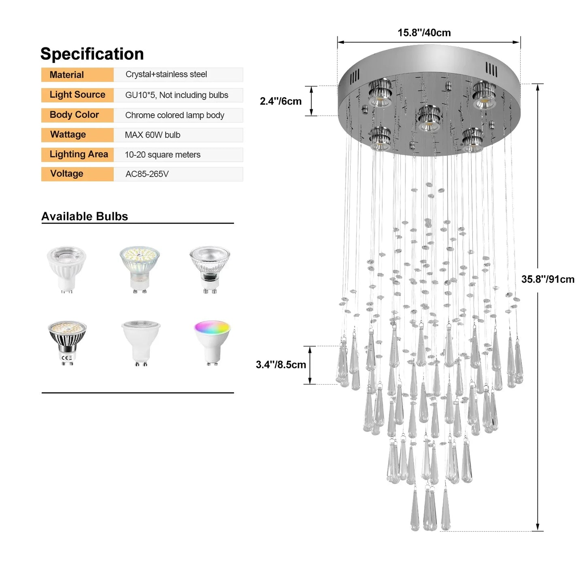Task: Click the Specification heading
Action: (x=92, y=54)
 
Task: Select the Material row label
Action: (x=67, y=75)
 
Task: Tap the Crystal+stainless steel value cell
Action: (x=166, y=74)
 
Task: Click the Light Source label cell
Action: (x=77, y=95)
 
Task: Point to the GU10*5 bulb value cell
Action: (x=177, y=95)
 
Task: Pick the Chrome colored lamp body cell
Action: (x=174, y=115)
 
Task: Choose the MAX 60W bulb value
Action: (x=153, y=135)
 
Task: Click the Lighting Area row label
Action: (x=79, y=154)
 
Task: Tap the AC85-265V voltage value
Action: (x=147, y=174)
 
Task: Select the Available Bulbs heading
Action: (x=85, y=217)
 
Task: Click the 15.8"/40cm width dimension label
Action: (x=424, y=33)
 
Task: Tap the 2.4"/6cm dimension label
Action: (x=281, y=101)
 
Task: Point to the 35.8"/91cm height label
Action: (x=548, y=279)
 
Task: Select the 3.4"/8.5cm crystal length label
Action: (x=281, y=365)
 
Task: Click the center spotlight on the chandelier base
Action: (x=429, y=118)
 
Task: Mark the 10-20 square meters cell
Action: (x=163, y=155)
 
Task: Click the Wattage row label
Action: (x=68, y=134)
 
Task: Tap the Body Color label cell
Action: (x=74, y=115)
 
